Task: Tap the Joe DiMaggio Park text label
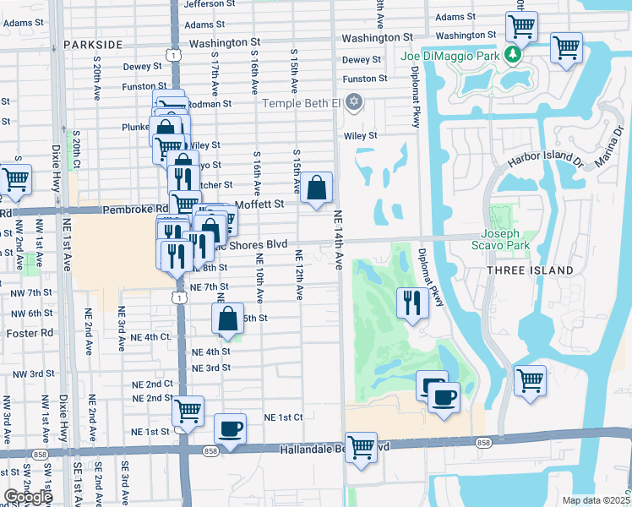coord(453,57)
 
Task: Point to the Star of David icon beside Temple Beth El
coord(354,103)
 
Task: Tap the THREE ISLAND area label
coord(530,270)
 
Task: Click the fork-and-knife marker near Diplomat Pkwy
coord(411,303)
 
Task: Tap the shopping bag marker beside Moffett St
coord(316,188)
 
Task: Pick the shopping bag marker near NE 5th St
coord(227,319)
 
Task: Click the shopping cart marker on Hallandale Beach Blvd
coord(361,447)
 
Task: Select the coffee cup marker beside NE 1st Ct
coord(230,428)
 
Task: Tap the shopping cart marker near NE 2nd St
coord(188,412)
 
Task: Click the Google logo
coord(28,497)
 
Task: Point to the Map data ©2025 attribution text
coord(596,500)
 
